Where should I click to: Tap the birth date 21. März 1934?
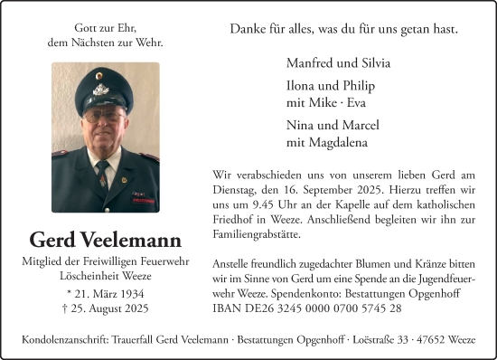coord(106,295)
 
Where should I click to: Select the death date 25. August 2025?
coord(106,310)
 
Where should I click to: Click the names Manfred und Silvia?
coord(338,63)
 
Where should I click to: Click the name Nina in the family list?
coord(301,125)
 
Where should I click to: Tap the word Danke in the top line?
coord(248,30)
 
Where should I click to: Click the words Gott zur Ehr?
coord(106,29)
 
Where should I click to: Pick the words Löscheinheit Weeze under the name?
coord(106,275)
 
